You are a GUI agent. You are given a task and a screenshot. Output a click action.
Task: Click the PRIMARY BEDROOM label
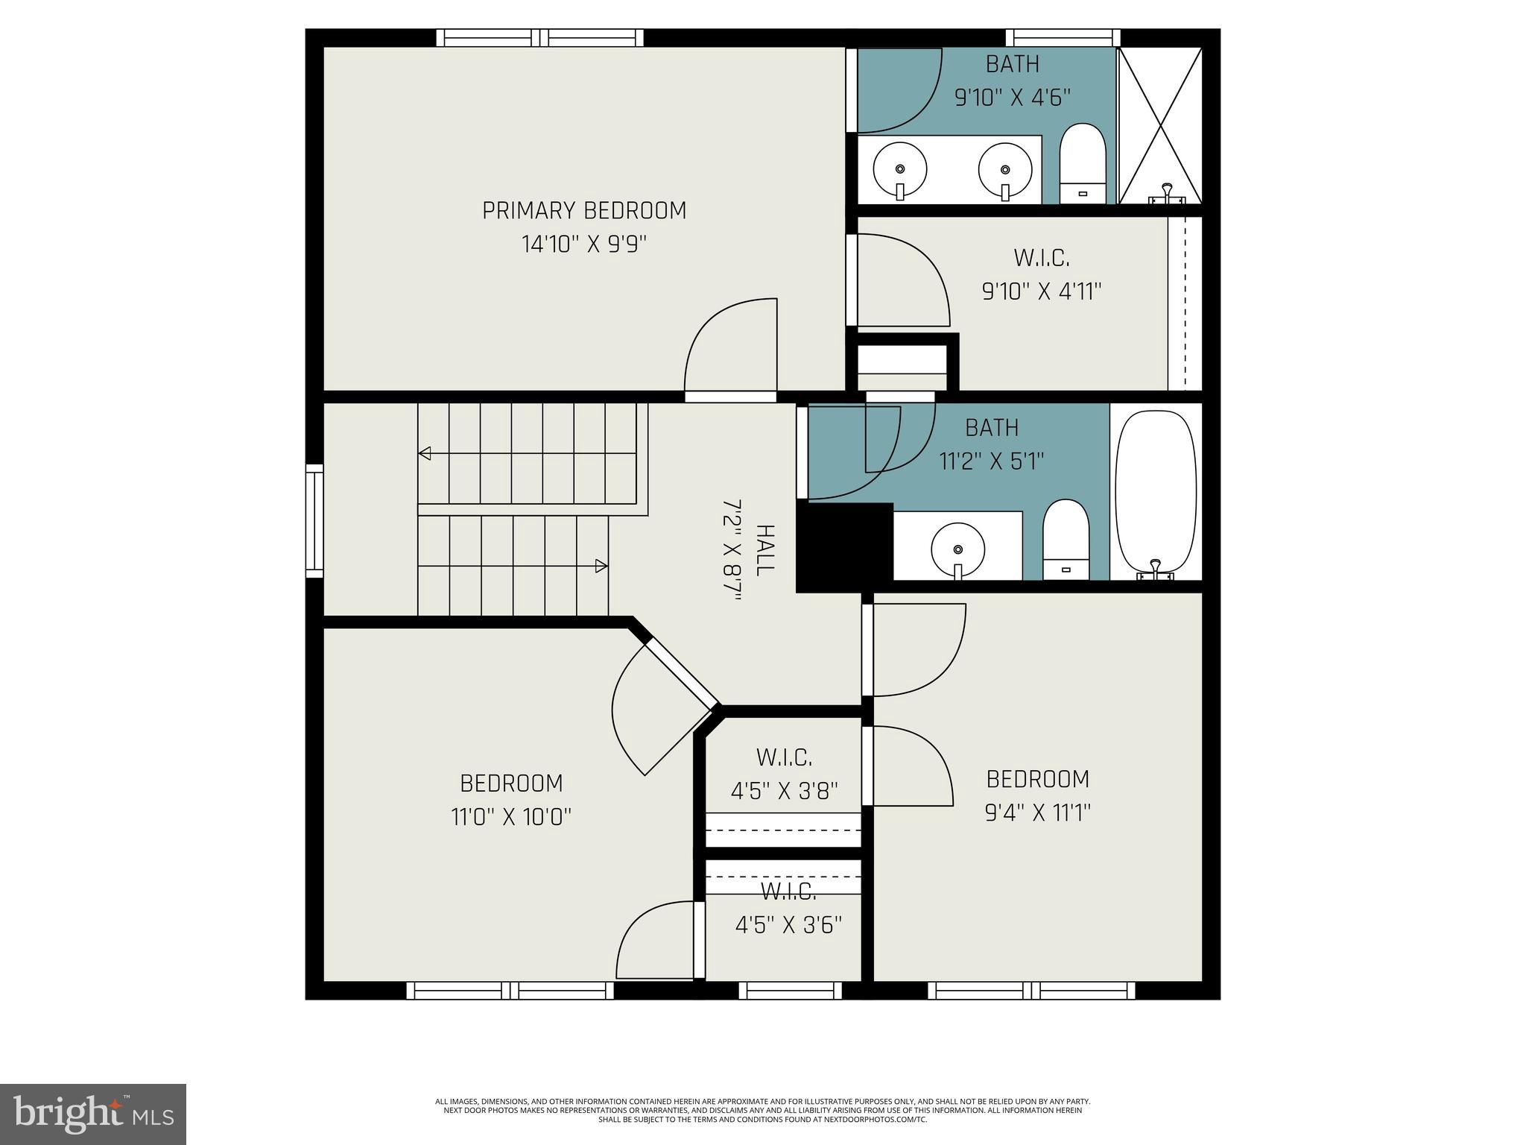pos(584,211)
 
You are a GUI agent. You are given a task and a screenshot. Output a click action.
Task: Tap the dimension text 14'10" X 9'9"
pos(584,245)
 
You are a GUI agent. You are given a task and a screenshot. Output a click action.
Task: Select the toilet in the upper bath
pos(1082,164)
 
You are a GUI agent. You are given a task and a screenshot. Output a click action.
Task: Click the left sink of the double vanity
pos(900,170)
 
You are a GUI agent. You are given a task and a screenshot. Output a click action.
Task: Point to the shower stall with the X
pos(1160,125)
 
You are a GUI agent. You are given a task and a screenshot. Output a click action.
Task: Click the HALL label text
pos(764,549)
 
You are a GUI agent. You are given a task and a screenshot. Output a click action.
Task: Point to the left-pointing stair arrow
pos(425,452)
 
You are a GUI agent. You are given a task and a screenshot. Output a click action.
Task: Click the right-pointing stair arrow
pos(601,567)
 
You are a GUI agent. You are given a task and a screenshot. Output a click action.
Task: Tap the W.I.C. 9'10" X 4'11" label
pos(1042,274)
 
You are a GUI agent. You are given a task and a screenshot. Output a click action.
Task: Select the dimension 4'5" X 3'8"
pos(784,790)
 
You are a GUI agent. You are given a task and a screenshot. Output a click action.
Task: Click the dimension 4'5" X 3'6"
pos(788,925)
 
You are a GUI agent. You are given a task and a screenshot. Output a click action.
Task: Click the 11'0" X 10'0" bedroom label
pos(511,801)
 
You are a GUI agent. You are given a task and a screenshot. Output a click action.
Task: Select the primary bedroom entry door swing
pos(730,347)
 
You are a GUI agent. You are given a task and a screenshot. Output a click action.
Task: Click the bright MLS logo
pos(93,1114)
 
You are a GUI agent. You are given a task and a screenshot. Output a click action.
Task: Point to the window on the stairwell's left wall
pos(315,520)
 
